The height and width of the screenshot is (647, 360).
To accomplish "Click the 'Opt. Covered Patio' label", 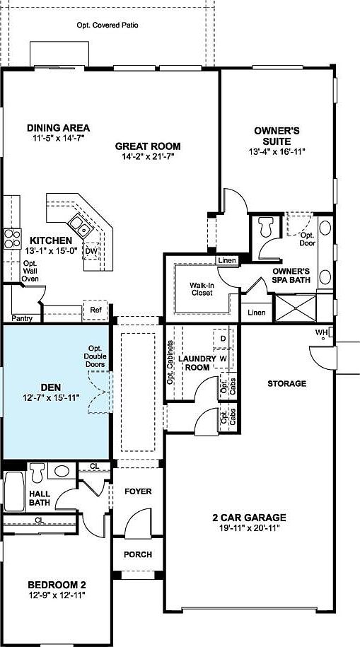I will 108,25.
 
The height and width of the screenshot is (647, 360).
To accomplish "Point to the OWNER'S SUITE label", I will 277,135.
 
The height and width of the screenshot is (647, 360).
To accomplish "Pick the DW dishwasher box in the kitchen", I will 91,251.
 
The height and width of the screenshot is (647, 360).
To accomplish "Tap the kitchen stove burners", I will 12,238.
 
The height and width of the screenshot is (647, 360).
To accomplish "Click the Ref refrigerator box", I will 95,310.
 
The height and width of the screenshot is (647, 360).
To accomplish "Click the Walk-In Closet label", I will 202,291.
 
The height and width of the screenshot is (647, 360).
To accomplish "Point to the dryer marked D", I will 223,339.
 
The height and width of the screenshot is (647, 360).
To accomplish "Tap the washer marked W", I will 223,358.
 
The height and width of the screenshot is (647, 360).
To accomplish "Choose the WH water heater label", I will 322,332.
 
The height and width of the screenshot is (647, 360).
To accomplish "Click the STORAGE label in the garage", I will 286,384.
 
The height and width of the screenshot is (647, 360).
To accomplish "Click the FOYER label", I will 138,491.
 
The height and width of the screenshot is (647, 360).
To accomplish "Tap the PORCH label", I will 138,554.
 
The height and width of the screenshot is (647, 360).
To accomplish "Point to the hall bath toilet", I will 37,471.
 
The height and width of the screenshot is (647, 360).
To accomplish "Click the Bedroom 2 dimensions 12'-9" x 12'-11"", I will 57,595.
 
